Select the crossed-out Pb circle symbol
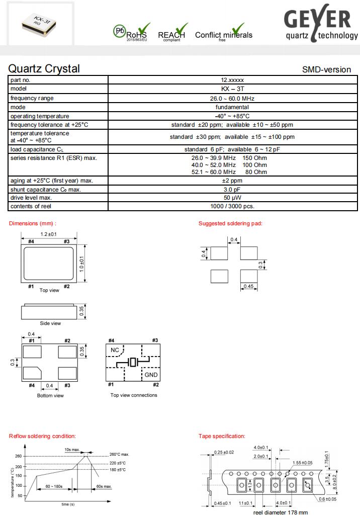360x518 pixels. [x=120, y=31]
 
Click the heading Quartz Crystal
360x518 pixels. [x=44, y=69]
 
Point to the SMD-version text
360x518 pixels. [x=326, y=70]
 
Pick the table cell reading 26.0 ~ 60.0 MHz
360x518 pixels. [x=232, y=98]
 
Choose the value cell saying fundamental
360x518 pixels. [x=232, y=107]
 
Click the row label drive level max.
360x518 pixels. [x=32, y=198]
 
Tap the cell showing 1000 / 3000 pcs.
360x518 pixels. [x=232, y=206]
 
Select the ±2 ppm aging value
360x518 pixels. [x=232, y=181]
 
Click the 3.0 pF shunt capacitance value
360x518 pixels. [x=232, y=190]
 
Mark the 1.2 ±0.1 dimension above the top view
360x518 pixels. [x=49, y=234]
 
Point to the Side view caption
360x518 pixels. [x=50, y=323]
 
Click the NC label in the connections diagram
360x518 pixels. [x=115, y=349]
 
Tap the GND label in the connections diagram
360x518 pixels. [x=151, y=375]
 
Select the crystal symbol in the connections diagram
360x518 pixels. [x=133, y=362]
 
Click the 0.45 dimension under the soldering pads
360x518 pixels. [x=248, y=287]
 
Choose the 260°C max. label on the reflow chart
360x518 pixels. [x=120, y=455]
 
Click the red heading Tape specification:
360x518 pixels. [x=222, y=436]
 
